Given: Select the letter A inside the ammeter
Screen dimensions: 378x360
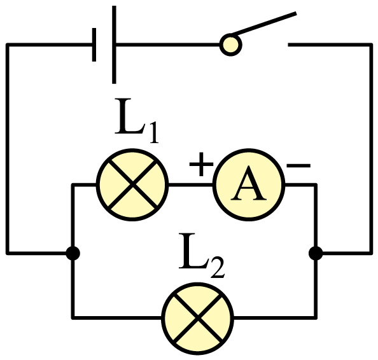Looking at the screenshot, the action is pos(249,184).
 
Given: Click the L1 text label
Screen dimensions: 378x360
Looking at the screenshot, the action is pos(137,120).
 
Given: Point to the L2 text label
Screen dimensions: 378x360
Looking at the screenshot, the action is pos(202,256).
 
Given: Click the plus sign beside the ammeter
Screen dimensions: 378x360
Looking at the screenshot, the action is pos(201,164).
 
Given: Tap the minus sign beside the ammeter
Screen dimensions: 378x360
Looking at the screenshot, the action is pos(298,165).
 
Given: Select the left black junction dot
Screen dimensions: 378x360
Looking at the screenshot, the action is pos(73,253).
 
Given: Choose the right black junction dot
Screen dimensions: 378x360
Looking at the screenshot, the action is pos(316,253).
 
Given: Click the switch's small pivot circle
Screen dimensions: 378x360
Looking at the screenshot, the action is pos(231,45).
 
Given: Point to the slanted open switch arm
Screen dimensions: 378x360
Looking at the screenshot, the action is pos(263,24).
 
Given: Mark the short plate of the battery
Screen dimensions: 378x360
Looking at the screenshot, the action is pos(94,45).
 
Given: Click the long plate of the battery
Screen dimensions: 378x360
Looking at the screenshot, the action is pos(114,45).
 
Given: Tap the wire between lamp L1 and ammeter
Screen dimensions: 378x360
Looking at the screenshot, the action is pos(191,185).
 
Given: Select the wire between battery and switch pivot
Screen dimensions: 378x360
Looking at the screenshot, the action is pos(168,45).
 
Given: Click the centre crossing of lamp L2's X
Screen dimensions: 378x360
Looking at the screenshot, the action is pos(198,319).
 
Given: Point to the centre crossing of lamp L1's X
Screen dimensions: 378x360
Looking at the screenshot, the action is pos(132,185).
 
